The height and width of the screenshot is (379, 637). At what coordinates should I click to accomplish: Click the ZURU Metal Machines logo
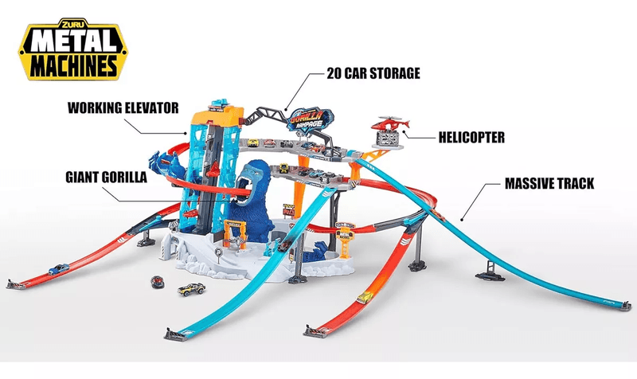coord(73,49)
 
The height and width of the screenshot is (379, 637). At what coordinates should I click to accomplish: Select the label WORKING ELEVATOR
coord(123,108)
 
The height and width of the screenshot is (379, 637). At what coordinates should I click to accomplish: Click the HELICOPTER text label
coord(471,137)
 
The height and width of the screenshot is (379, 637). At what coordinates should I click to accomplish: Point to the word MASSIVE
coord(528,184)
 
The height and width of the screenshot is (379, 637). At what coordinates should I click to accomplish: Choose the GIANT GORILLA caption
coord(107,178)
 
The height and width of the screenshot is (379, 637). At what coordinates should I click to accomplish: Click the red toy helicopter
coord(389,123)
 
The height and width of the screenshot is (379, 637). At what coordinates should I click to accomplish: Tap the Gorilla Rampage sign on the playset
coord(311,119)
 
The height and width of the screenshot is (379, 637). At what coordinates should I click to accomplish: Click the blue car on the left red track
coord(59,269)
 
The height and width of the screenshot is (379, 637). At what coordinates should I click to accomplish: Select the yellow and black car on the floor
coord(191,289)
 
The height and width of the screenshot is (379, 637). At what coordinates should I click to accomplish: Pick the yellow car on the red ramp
coord(365,298)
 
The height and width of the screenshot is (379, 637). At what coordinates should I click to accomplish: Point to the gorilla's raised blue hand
coord(158,160)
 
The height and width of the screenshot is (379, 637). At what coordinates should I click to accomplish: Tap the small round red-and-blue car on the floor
coord(158,282)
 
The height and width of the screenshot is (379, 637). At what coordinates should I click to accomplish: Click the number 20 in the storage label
coord(334,73)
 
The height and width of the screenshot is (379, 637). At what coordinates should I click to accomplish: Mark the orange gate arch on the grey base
coord(235,232)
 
